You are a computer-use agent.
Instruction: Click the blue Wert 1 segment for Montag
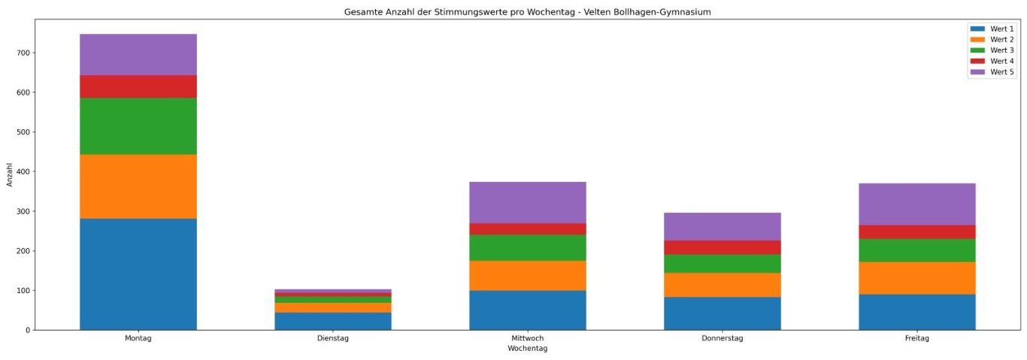[x=138, y=274]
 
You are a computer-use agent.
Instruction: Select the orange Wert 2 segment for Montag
[x=138, y=186]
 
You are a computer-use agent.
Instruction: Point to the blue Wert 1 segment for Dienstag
[x=332, y=321]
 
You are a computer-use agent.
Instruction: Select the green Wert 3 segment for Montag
[x=138, y=126]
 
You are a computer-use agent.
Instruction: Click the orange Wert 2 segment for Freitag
[x=916, y=277]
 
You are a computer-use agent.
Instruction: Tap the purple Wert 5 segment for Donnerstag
[x=722, y=226]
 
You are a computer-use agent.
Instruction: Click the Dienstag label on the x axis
[x=332, y=339]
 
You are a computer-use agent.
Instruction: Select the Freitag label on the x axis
[x=916, y=339]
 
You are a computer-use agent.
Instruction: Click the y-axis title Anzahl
[x=10, y=174]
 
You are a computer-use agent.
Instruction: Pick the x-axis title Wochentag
[x=527, y=349]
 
